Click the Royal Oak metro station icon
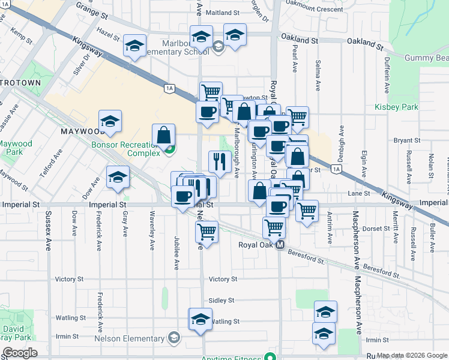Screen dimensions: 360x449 click(279, 245)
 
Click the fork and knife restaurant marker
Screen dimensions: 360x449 click(220, 161)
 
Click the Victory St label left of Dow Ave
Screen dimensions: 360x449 click(69, 279)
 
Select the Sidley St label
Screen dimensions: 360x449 click(221, 300)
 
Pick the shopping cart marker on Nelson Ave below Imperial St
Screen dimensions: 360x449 click(207, 232)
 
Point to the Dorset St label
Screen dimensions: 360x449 click(376, 228)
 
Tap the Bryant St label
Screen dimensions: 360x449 click(407, 140)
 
